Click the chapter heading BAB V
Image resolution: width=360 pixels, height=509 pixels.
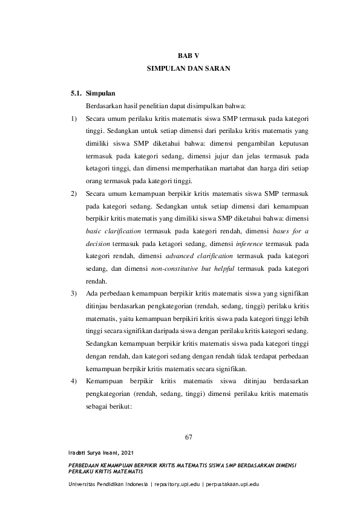[188, 56]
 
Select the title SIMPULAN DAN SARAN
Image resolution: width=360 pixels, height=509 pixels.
[188, 70]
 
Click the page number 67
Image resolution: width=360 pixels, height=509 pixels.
[188, 438]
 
